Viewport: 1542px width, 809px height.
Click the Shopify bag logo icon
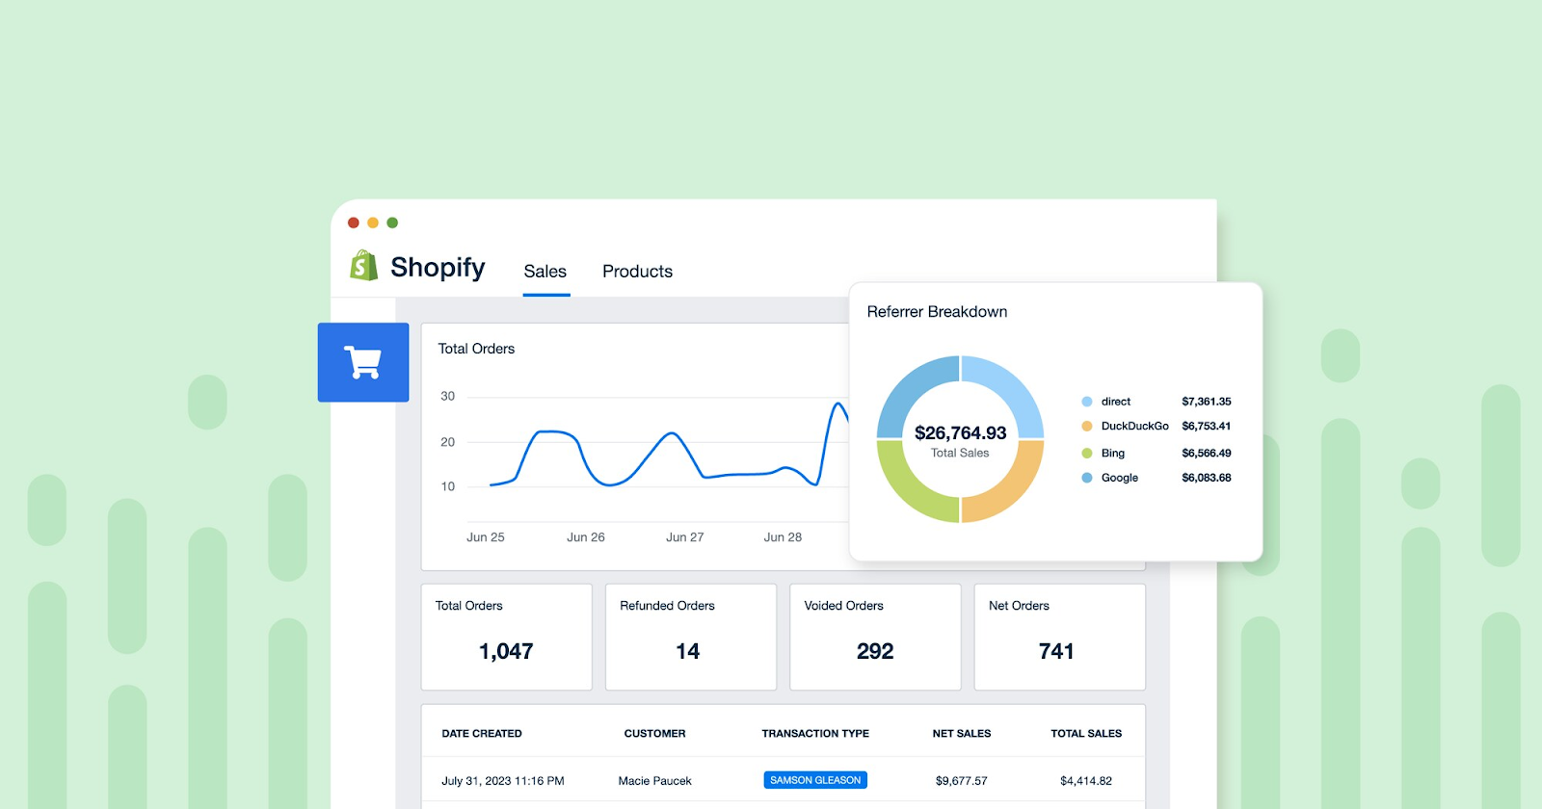pos(363,266)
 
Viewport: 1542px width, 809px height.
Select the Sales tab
pos(545,272)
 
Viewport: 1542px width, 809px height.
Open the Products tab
pos(637,272)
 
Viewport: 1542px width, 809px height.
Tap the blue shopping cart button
pos(363,362)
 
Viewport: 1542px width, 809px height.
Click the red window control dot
pos(354,222)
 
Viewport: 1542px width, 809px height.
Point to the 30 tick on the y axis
pos(447,396)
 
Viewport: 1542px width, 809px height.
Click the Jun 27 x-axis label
pos(684,537)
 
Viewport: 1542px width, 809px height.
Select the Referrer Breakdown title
pos(937,312)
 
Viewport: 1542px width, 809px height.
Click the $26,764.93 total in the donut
pos(960,433)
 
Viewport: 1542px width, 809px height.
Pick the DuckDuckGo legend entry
pos(1134,426)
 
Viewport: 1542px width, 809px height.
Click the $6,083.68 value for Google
pos(1206,478)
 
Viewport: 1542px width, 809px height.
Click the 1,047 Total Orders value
pos(506,652)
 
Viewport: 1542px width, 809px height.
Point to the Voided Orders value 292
pos(875,652)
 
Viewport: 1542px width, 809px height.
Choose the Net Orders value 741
pos(1056,652)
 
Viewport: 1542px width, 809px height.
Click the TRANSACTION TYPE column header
pos(815,734)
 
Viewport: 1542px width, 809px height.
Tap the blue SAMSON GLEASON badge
pos(815,780)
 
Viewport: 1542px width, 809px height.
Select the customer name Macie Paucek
pos(654,781)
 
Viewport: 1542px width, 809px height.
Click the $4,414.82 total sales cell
pos(1085,781)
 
